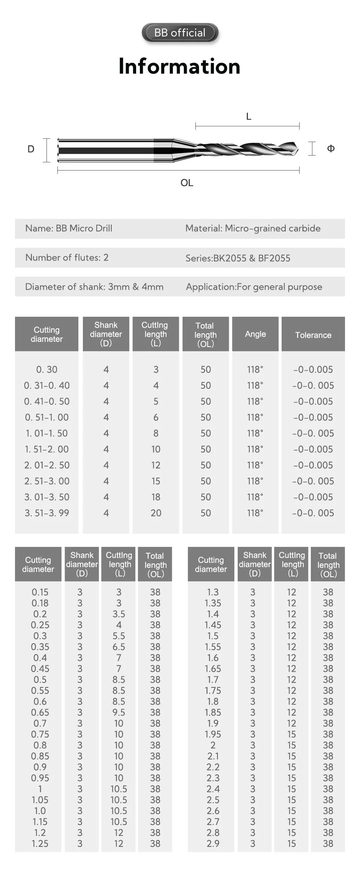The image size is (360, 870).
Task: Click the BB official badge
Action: point(180,33)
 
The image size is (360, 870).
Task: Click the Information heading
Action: point(179,66)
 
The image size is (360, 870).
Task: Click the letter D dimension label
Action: point(31,149)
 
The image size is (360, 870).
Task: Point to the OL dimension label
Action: point(187,183)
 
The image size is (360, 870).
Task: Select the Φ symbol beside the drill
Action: point(331,148)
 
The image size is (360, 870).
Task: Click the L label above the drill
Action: point(248,117)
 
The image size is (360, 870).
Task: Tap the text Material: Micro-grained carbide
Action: point(253,229)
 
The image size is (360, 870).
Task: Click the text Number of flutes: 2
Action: point(67,258)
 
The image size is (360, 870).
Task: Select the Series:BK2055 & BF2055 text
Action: point(238,258)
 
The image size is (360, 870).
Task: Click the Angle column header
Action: point(255,334)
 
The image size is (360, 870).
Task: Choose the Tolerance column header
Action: point(313,335)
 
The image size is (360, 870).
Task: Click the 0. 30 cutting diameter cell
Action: point(47,370)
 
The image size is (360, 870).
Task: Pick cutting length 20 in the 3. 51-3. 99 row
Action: point(156,513)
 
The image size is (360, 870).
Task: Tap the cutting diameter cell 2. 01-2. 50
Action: point(47,465)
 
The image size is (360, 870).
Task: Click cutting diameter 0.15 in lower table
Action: point(40,592)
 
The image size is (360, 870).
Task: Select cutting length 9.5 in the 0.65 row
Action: point(119,712)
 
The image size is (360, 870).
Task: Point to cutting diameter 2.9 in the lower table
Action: point(213,843)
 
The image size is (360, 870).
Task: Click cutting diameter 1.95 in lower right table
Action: point(213,734)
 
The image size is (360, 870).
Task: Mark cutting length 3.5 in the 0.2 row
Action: point(119,614)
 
